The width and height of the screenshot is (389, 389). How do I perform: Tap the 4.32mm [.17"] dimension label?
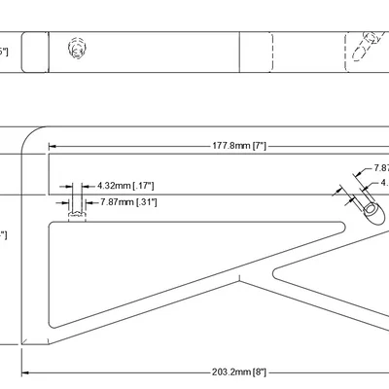click(125, 184)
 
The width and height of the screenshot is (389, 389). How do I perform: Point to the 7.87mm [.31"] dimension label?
click(128, 201)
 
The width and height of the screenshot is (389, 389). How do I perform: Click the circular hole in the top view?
click(77, 49)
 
